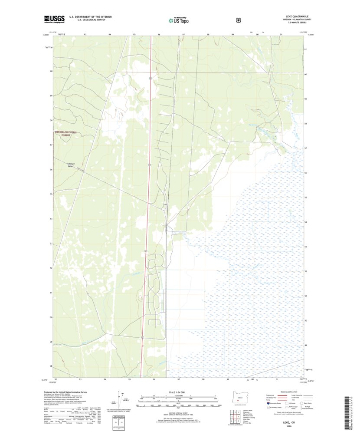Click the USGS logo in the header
54,19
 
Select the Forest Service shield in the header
238,20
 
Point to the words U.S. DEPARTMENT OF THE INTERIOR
91,17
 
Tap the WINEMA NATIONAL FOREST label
62,133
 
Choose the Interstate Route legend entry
278,403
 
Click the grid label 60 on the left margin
51,71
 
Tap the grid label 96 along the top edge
159,34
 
